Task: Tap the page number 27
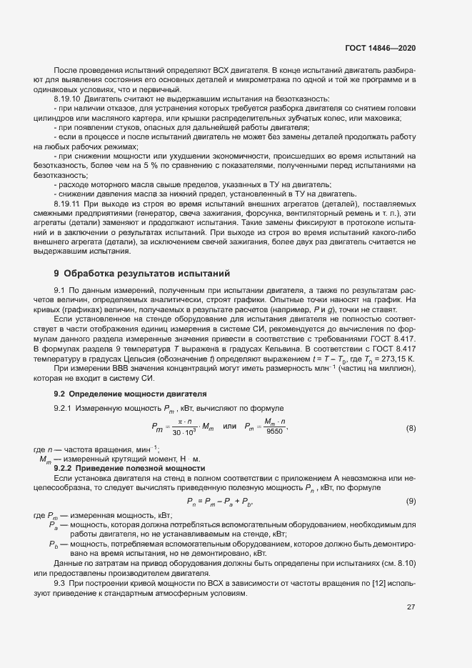(411, 607)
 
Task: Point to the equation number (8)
(411, 428)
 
